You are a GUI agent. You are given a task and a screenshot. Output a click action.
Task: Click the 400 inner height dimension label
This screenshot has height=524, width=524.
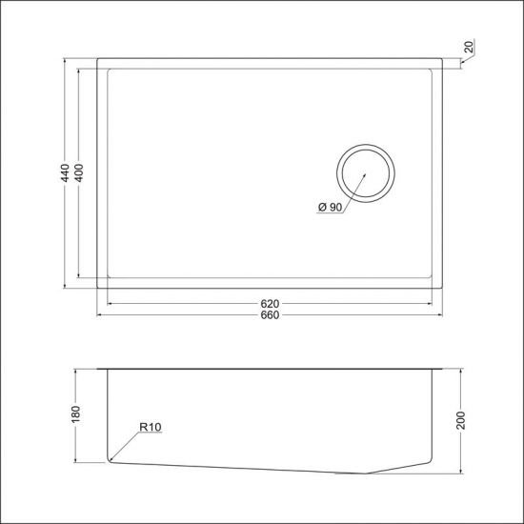(79, 172)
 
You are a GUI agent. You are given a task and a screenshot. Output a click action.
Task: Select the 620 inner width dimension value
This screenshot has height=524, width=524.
(270, 304)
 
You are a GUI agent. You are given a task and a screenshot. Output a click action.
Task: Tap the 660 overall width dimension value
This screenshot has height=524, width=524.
(270, 316)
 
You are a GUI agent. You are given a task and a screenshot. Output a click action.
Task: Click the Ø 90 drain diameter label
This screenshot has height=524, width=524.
(328, 208)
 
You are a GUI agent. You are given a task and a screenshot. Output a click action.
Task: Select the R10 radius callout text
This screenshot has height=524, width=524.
(149, 428)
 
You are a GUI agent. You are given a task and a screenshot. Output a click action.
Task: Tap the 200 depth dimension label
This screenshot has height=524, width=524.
(461, 420)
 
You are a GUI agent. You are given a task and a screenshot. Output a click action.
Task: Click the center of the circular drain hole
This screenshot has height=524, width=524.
(364, 174)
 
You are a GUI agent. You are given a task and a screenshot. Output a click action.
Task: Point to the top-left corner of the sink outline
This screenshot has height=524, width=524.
(98, 59)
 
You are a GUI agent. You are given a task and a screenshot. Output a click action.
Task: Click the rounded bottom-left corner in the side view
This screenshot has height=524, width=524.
(111, 460)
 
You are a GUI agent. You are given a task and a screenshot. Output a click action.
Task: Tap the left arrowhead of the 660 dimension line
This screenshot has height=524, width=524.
(100, 315)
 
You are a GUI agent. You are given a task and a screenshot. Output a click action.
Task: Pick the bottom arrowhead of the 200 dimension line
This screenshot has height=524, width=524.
(461, 472)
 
